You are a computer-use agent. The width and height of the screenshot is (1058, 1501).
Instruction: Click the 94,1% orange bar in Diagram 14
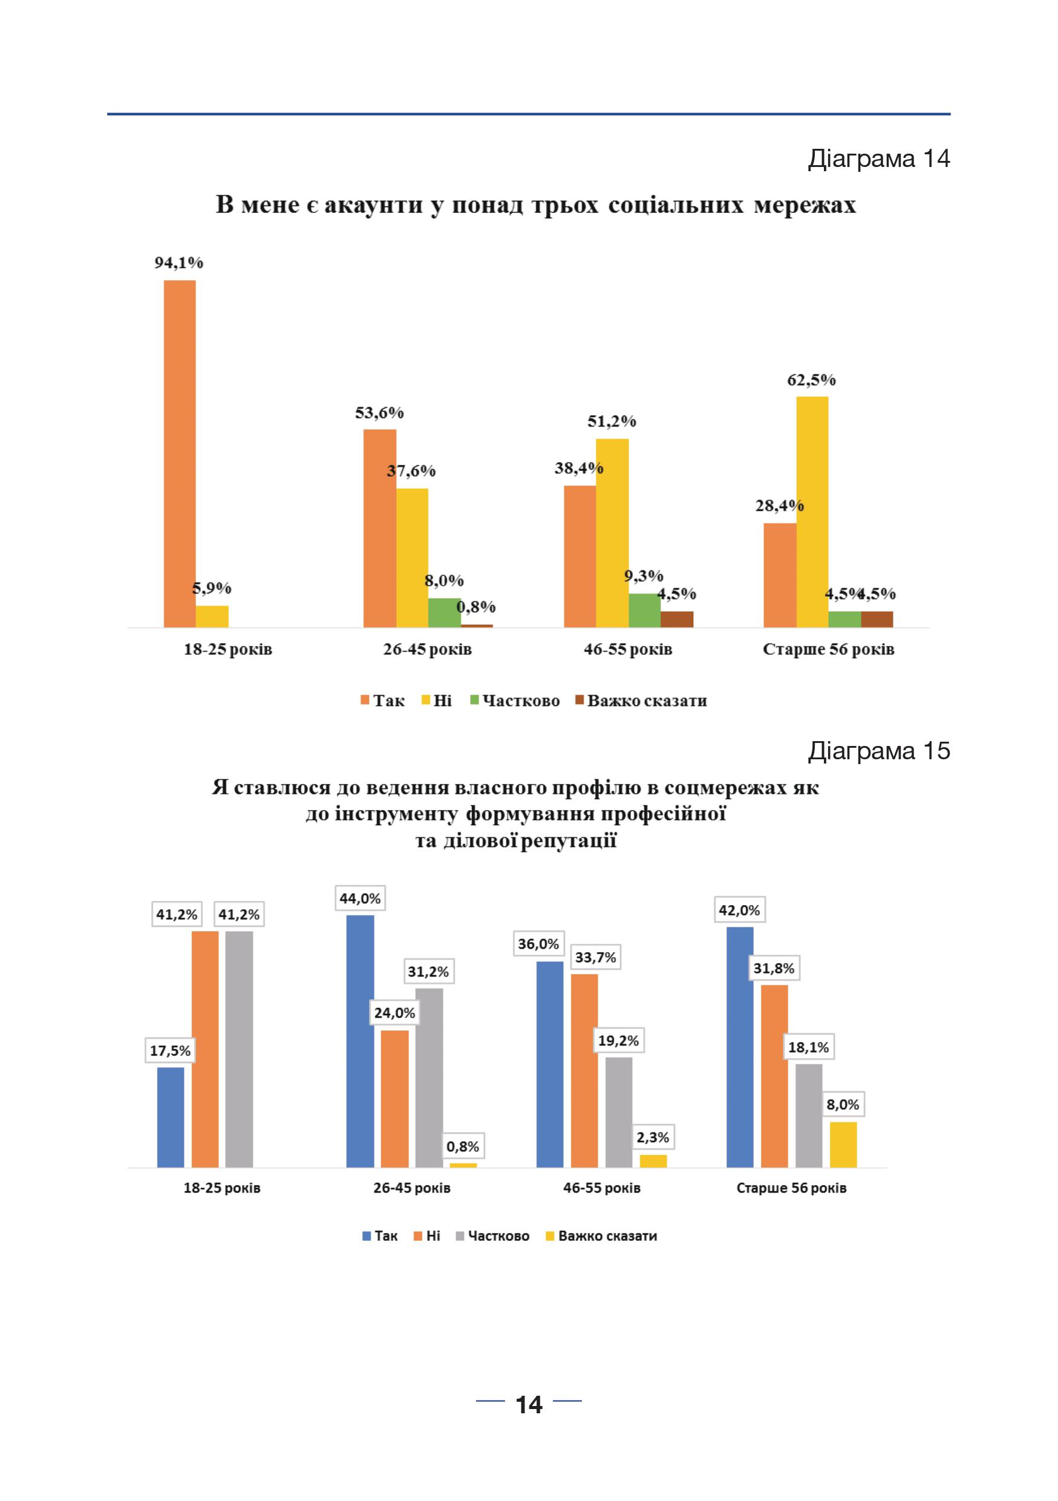(x=180, y=454)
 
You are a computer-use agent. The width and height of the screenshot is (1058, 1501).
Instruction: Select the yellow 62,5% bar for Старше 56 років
(x=812, y=512)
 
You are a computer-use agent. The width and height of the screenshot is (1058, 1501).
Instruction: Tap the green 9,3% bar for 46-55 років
(x=644, y=610)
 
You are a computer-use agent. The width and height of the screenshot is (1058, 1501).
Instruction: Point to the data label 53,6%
(x=380, y=413)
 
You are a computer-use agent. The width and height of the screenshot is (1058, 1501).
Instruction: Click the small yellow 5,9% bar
(x=212, y=616)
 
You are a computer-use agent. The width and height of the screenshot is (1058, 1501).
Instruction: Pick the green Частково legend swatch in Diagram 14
(x=475, y=700)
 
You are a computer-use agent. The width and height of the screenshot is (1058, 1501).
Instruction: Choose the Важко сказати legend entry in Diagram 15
(x=601, y=1235)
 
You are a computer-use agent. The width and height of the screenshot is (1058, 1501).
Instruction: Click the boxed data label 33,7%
(x=595, y=958)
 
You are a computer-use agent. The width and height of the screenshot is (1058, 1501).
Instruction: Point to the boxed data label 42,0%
(x=739, y=910)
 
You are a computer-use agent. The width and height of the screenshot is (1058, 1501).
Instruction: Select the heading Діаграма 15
(x=879, y=750)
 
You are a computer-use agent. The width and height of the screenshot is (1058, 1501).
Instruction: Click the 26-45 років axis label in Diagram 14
(x=428, y=649)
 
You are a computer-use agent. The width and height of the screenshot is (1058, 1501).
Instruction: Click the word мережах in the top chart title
(x=805, y=205)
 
